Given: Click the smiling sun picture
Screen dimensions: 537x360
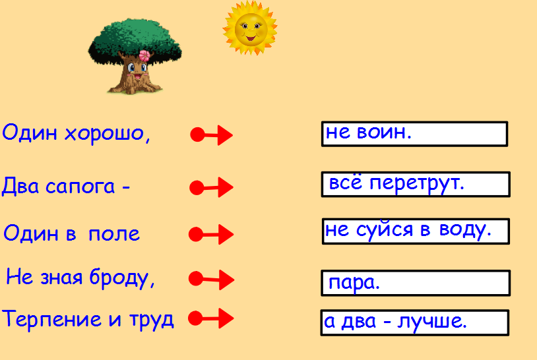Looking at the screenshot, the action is click(x=250, y=28).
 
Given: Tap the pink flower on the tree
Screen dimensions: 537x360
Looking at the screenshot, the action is click(x=144, y=56).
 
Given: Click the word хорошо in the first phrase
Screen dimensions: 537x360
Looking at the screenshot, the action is click(x=108, y=133).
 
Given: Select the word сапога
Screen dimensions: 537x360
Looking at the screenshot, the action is click(x=80, y=187).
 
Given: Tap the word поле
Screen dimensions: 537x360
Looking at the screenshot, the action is click(x=114, y=234).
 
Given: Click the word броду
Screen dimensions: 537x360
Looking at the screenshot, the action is click(x=122, y=278).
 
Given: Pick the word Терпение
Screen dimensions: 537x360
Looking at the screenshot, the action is click(x=51, y=319).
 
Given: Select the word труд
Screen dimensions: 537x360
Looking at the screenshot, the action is click(x=151, y=320).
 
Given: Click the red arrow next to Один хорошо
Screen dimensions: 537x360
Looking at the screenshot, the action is click(x=211, y=135).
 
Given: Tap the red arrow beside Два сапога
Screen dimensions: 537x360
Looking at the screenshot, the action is click(x=211, y=187).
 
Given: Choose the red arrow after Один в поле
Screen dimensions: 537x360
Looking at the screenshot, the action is click(x=211, y=235).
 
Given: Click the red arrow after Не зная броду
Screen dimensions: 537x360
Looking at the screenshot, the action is click(x=211, y=280).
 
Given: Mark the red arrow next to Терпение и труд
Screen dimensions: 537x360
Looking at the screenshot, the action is click(x=211, y=318).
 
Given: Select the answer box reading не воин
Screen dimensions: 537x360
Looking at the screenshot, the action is click(x=414, y=134).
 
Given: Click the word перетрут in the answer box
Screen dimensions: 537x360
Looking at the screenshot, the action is click(x=417, y=184).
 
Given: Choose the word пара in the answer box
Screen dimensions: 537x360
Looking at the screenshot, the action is click(x=354, y=284).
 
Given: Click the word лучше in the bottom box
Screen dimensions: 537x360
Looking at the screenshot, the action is click(x=432, y=322).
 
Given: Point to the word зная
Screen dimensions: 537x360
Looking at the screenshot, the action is click(x=61, y=278).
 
